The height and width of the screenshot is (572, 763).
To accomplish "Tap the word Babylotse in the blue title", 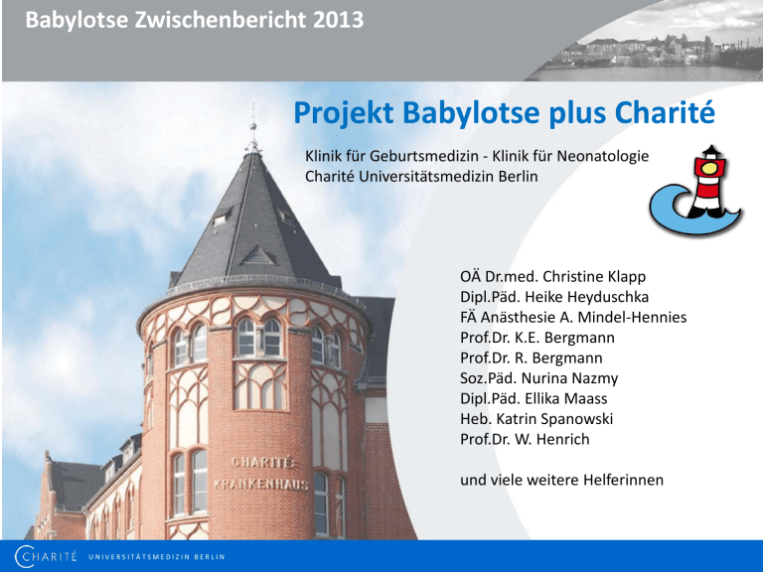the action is pyautogui.click(x=472, y=113).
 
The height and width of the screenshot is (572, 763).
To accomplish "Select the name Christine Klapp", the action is pyautogui.click(x=594, y=277).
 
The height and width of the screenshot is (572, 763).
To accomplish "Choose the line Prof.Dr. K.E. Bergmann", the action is pyautogui.click(x=537, y=338).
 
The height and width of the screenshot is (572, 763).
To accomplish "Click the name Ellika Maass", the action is pyautogui.click(x=566, y=399).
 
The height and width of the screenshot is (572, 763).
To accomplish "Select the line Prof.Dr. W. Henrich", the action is pyautogui.click(x=525, y=439).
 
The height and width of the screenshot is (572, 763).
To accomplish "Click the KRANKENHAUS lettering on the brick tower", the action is pyautogui.click(x=261, y=485).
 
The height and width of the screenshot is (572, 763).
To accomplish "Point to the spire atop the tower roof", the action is pyautogui.click(x=253, y=129).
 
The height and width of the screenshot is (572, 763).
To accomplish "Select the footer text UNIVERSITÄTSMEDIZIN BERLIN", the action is pyautogui.click(x=156, y=557).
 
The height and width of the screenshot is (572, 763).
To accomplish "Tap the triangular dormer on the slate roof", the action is pyautogui.click(x=258, y=255).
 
